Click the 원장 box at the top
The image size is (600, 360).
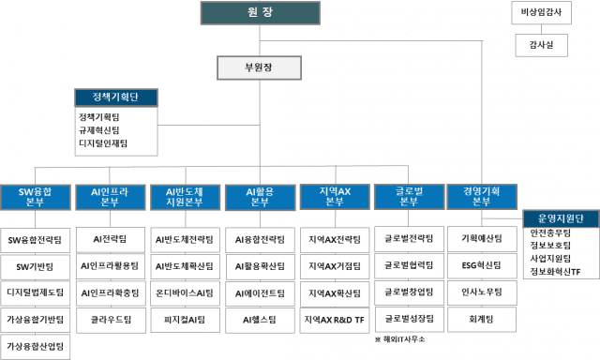[252, 13]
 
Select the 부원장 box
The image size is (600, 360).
[252, 67]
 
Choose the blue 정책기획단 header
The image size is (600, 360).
[116, 97]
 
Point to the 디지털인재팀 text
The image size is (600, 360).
[103, 144]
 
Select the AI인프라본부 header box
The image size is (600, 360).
[110, 197]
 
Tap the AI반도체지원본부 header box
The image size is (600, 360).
[184, 197]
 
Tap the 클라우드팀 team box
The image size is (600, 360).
[111, 320]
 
